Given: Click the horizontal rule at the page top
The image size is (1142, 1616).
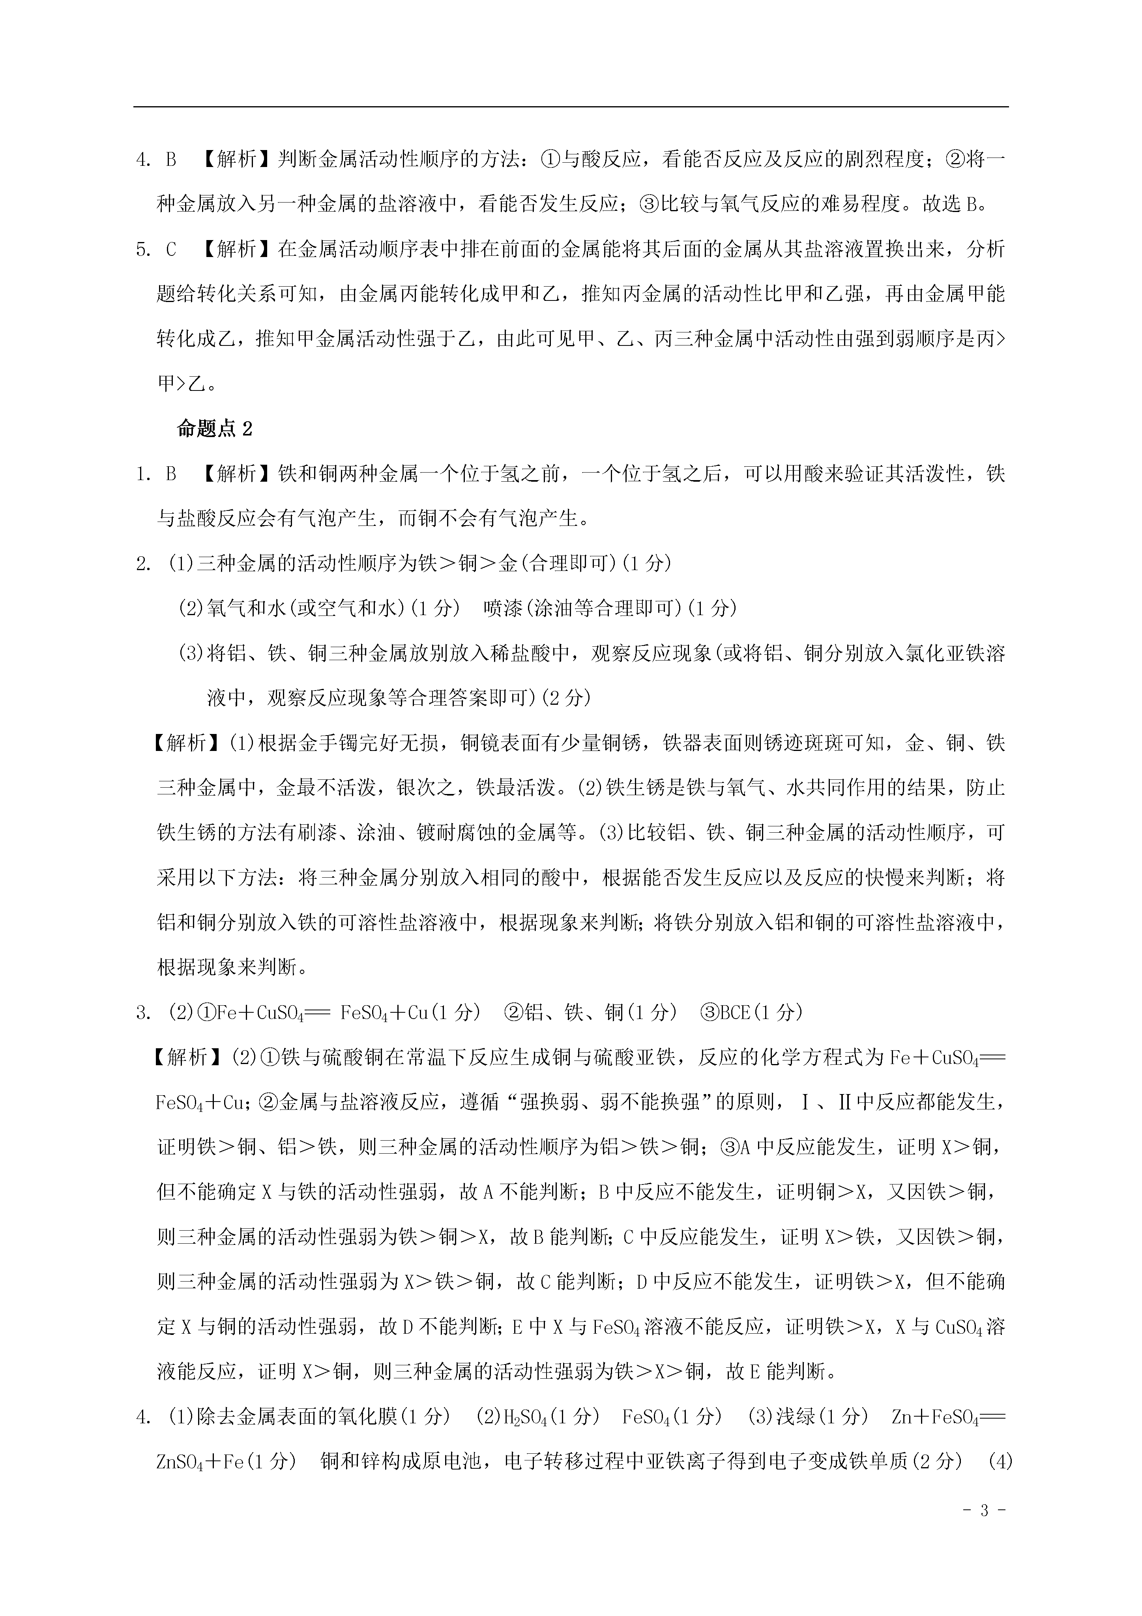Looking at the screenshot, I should coord(571,107).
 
